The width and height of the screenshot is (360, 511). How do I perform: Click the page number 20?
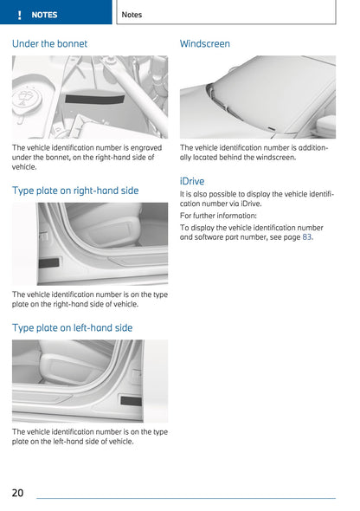tap(18, 492)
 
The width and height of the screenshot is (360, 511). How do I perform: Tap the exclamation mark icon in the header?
tap(18, 15)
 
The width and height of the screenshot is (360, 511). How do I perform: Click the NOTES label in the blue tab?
tap(44, 15)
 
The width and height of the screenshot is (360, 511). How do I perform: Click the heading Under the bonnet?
tap(49, 43)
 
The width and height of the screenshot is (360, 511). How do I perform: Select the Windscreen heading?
tap(205, 43)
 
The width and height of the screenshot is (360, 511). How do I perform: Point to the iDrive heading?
tap(192, 181)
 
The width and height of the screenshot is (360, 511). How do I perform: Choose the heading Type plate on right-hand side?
tap(75, 190)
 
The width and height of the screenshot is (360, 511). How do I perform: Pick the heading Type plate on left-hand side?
tap(73, 327)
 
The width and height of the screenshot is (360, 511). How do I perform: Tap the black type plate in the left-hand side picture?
tap(132, 400)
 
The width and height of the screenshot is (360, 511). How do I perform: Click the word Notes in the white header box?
tap(132, 15)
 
